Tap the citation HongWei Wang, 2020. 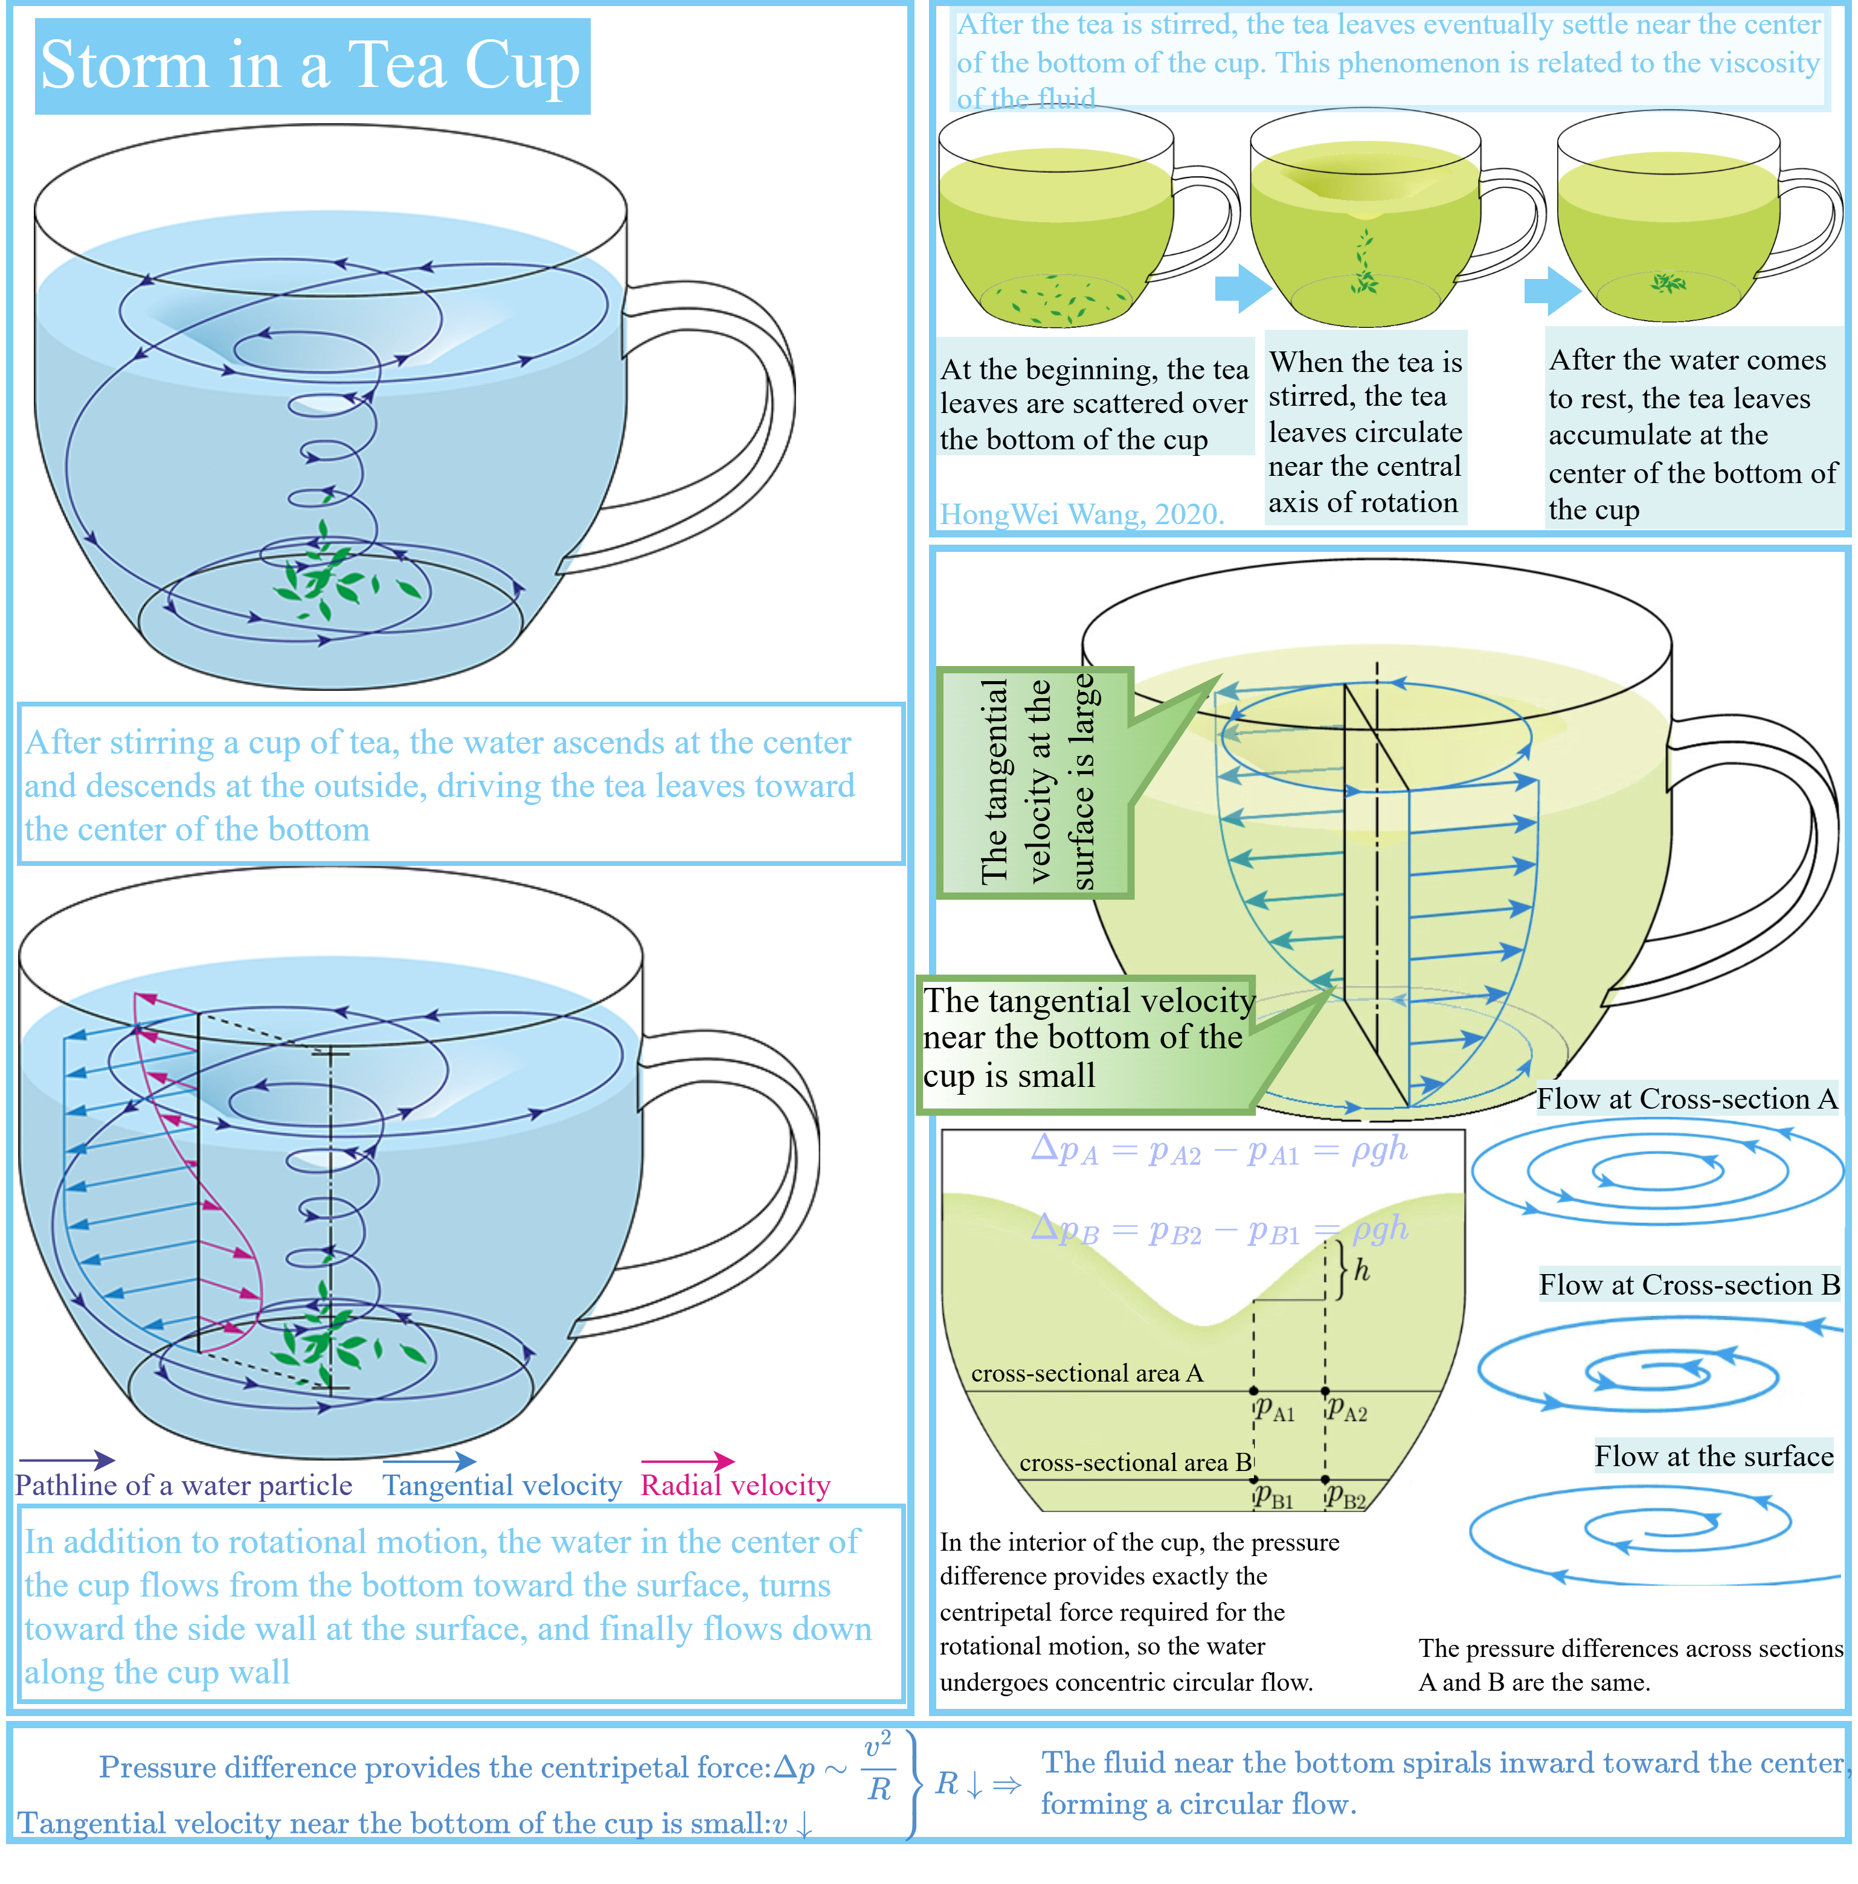[x=1081, y=514]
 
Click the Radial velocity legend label [x=735, y=1485]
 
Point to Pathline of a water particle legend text [x=184, y=1485]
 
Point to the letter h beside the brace [x=1361, y=1270]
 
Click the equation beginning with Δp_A [x=1218, y=1152]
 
